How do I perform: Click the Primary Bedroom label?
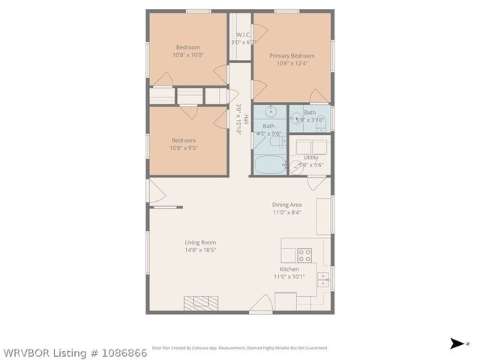click(x=292, y=55)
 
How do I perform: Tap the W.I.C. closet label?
click(x=243, y=34)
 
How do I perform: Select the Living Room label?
click(x=200, y=242)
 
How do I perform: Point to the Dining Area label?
click(x=286, y=205)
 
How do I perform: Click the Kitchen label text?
click(x=289, y=269)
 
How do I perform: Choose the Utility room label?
click(x=310, y=157)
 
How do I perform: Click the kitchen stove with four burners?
click(x=304, y=254)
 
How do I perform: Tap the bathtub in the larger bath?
click(x=267, y=164)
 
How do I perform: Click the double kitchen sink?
click(x=323, y=280)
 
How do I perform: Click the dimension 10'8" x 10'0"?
click(x=187, y=55)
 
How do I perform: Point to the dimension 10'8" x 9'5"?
click(x=184, y=148)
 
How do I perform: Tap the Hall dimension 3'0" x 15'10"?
click(x=238, y=118)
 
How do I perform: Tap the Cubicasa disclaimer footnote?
click(x=239, y=348)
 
